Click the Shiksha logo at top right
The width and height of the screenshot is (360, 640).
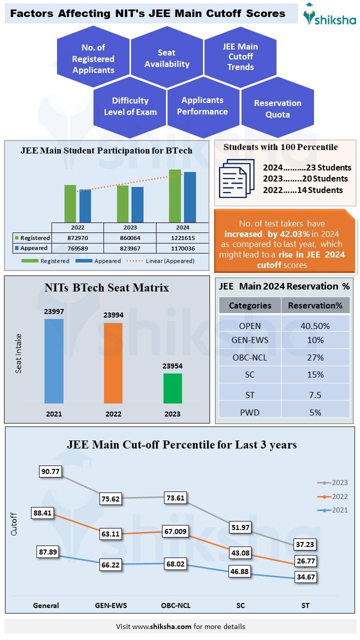(330, 14)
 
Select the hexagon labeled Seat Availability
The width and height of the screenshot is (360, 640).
(166, 58)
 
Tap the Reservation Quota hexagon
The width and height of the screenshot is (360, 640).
(277, 108)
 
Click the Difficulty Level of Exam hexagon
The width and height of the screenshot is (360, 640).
(130, 106)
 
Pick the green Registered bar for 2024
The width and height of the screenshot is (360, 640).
(175, 195)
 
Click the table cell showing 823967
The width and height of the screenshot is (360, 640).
(130, 248)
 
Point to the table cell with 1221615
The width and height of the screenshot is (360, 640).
(182, 238)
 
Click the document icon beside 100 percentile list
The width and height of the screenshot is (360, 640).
(233, 178)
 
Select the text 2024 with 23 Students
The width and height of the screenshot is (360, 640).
(307, 167)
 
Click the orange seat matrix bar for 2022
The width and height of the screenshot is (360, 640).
(113, 363)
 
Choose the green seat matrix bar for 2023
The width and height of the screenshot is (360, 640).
(172, 388)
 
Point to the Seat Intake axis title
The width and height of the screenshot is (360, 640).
(18, 353)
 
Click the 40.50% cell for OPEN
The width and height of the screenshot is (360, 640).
(315, 326)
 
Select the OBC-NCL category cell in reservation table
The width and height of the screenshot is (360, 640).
(250, 357)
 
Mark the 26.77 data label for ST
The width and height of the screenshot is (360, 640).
(305, 560)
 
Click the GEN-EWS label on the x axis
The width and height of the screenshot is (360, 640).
(111, 605)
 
